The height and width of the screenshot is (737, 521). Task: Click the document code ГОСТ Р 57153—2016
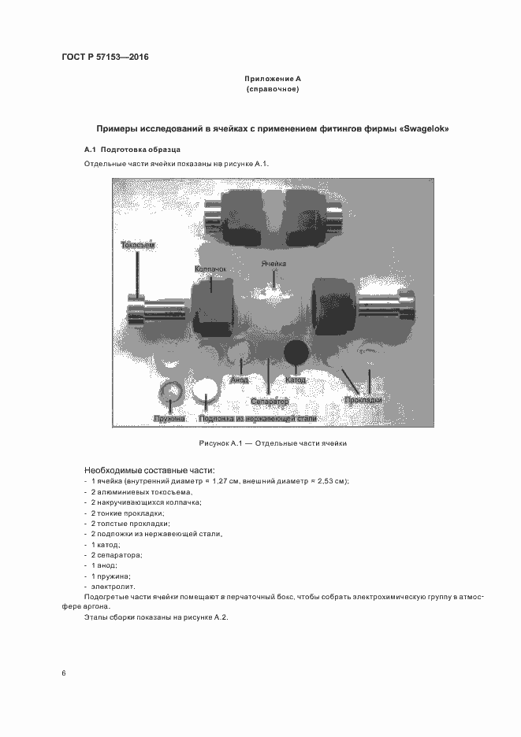[x=105, y=57]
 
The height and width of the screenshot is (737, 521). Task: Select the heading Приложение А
[x=272, y=80]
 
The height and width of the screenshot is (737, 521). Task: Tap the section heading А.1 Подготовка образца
[x=132, y=150]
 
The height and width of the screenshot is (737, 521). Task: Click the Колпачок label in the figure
[x=210, y=270]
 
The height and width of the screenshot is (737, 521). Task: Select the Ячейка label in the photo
[x=274, y=265]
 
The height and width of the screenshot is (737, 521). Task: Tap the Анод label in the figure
[x=240, y=380]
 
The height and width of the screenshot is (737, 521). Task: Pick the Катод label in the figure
[x=296, y=380]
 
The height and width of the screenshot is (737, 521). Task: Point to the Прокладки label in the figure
[x=363, y=400]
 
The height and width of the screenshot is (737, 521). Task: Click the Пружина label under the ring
[x=169, y=418]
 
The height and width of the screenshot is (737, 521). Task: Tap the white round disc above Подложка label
[x=207, y=391]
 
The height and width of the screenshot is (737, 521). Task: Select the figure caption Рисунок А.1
[x=273, y=443]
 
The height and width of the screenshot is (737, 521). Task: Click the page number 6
[x=63, y=672]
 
